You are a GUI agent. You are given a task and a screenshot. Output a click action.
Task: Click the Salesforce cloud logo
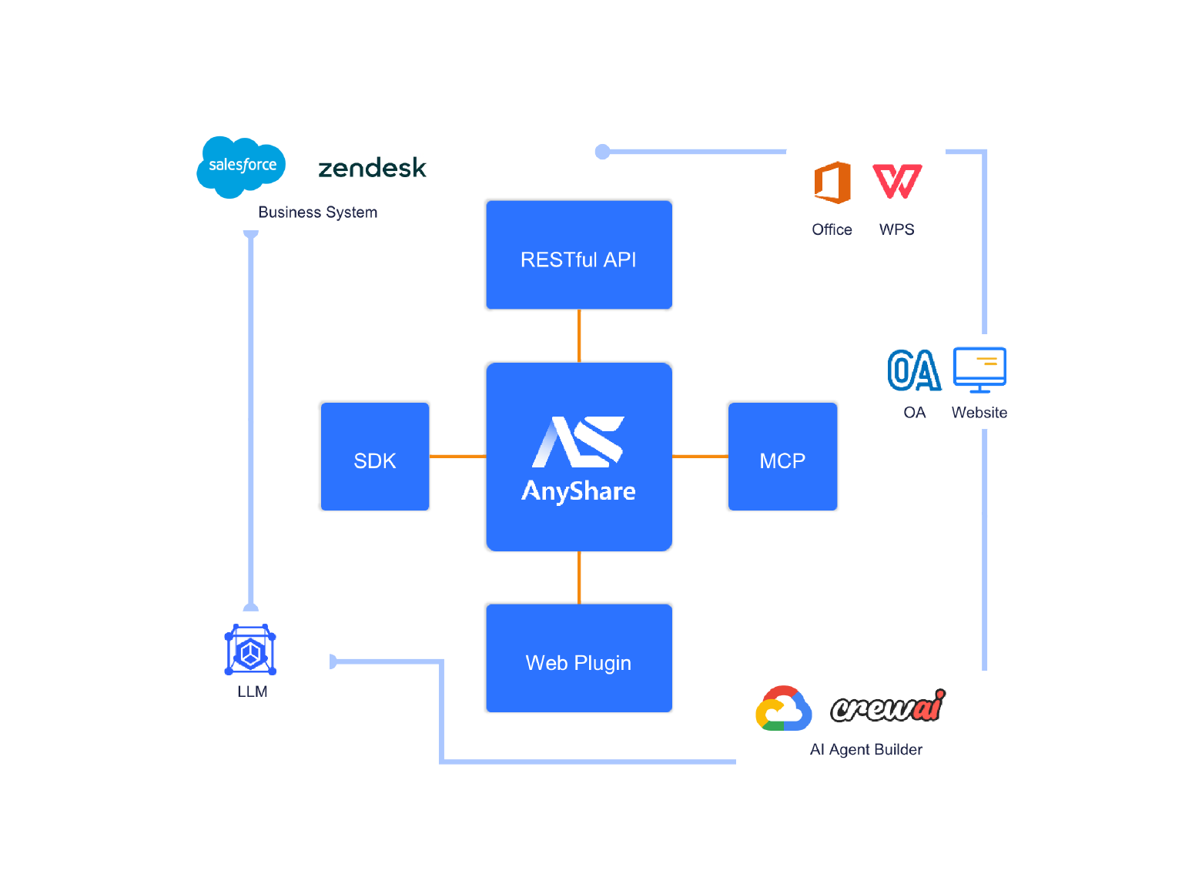[241, 166]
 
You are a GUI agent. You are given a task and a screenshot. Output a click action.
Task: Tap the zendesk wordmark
[372, 168]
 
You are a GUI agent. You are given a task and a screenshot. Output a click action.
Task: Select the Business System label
[317, 213]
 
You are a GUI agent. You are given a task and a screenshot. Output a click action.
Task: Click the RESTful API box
[578, 256]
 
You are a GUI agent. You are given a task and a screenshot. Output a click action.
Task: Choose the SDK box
[374, 457]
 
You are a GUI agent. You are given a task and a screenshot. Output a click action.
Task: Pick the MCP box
[782, 457]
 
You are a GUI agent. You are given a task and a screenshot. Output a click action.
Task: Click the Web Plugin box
[578, 658]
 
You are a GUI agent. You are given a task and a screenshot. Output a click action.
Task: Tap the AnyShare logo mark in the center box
[578, 442]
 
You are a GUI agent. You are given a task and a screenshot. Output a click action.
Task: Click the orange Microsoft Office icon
[832, 183]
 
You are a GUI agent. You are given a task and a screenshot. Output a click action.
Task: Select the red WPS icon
[897, 182]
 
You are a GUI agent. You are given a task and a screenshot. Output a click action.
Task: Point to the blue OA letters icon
[913, 370]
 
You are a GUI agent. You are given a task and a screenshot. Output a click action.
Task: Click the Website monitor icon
[979, 370]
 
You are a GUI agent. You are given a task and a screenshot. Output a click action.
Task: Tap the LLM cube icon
[250, 651]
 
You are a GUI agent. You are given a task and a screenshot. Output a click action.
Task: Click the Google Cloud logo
[783, 709]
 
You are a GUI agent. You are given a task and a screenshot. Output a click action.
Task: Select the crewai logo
[888, 706]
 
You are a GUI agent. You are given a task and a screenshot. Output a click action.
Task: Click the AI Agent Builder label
[866, 750]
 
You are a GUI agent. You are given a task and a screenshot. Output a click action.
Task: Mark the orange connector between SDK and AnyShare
[457, 457]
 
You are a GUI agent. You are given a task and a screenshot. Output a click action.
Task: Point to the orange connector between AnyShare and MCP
[700, 457]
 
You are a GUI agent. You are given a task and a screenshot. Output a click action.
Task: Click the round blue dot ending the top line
[603, 152]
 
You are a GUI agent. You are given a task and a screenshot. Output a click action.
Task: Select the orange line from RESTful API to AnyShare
[579, 336]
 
